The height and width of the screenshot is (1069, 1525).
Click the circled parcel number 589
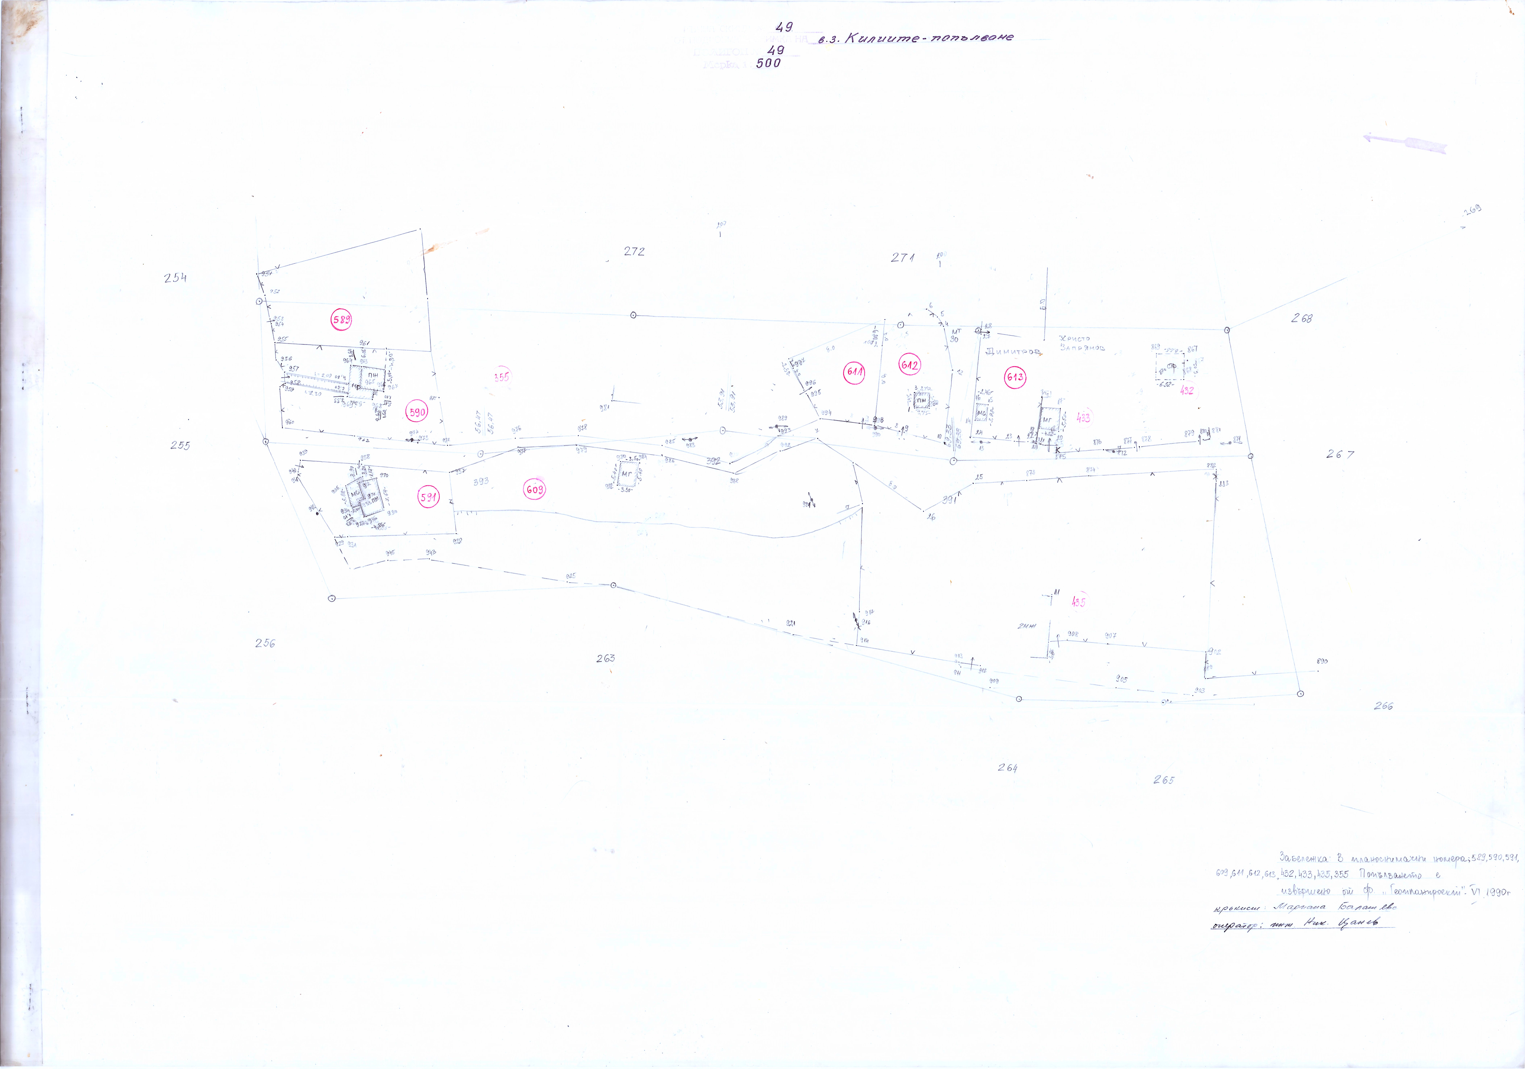341,320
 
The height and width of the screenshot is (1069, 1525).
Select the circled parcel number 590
416,412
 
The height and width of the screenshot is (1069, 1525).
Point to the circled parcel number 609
535,490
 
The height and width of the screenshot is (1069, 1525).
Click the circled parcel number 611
854,372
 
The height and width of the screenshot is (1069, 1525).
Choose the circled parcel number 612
909,365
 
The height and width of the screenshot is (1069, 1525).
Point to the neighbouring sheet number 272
634,251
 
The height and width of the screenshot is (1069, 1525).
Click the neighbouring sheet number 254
175,278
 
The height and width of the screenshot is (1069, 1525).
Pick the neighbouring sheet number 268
1301,318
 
